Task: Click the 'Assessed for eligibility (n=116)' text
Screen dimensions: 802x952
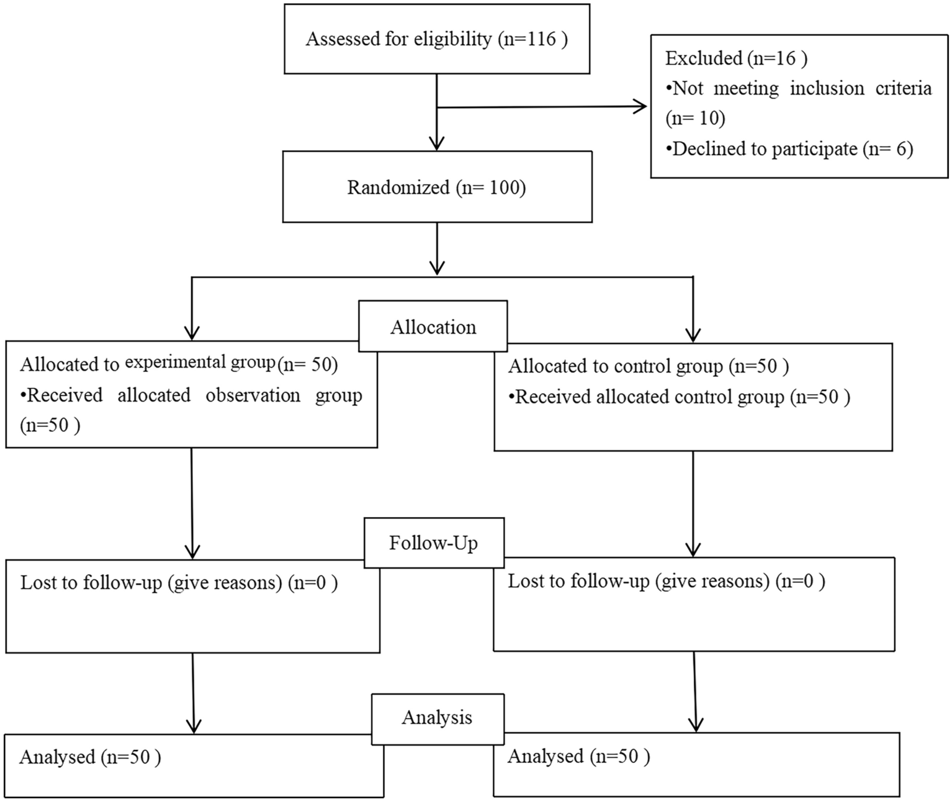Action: (x=436, y=39)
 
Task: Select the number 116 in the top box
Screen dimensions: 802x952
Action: (x=542, y=39)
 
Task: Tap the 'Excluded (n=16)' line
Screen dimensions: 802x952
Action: (x=736, y=58)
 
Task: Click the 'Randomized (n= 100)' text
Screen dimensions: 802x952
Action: (x=436, y=187)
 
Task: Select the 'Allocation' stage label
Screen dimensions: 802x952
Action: (x=433, y=327)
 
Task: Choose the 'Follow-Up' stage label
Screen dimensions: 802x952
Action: (x=433, y=543)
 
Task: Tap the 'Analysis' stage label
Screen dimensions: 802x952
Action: (x=437, y=718)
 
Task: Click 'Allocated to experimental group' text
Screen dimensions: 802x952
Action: (x=147, y=364)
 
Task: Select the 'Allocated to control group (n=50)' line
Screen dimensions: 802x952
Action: (x=648, y=366)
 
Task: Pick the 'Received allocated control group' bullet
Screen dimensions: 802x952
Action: (x=679, y=397)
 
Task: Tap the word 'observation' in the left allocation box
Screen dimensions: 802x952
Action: (x=253, y=395)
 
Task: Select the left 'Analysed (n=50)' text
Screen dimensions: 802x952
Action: (x=90, y=757)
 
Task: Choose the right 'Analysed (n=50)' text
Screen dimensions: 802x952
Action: (x=578, y=756)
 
